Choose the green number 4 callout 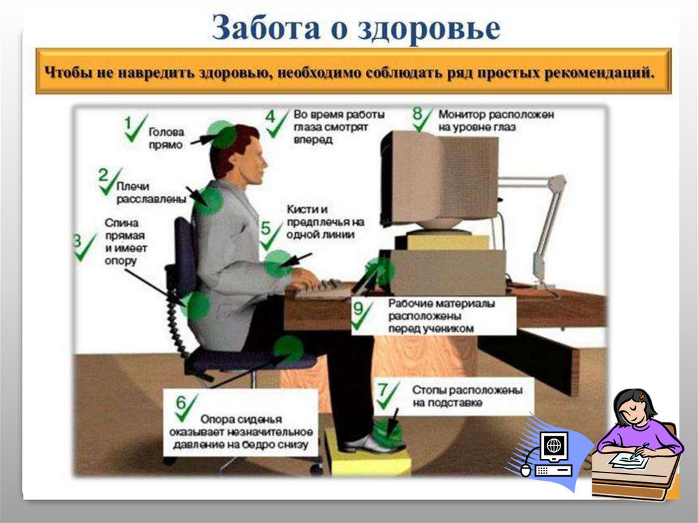tap(271, 116)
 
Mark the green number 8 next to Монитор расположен tap(418, 112)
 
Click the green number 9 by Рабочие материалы tap(359, 309)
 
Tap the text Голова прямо tap(166, 139)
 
